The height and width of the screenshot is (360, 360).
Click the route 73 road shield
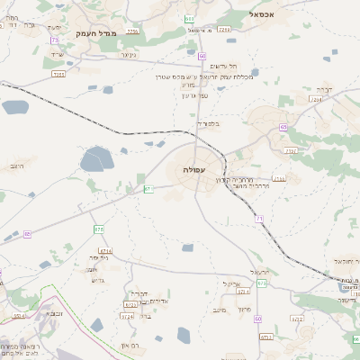(56, 40)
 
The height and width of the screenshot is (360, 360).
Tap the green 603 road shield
(189, 18)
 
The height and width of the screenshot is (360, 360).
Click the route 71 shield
(259, 219)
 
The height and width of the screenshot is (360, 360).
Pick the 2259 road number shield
(132, 31)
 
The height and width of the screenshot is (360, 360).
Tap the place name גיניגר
(129, 54)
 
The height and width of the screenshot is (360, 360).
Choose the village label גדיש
(98, 279)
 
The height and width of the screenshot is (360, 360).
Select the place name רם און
(132, 345)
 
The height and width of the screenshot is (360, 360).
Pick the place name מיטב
(216, 310)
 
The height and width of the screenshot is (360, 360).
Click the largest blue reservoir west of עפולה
(95, 161)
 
